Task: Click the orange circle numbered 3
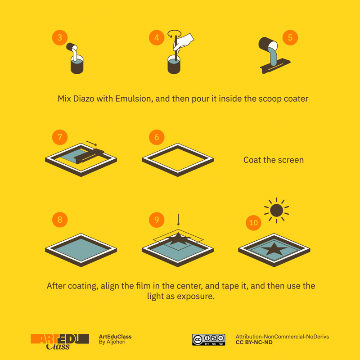[60, 37]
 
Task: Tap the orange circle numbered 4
[157, 37]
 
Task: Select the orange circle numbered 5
[290, 37]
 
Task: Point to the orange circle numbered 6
[157, 137]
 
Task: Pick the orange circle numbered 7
[60, 137]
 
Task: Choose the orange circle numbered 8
[60, 220]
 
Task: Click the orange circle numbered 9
[157, 220]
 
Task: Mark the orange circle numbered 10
[253, 222]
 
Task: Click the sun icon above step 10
[276, 210]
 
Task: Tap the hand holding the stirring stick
[184, 41]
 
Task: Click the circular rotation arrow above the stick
[175, 33]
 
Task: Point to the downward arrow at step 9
[178, 220]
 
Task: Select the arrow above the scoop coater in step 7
[91, 143]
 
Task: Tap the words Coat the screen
[274, 160]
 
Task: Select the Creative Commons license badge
[208, 340]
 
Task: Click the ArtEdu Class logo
[60, 342]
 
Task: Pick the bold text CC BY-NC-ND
[254, 342]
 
